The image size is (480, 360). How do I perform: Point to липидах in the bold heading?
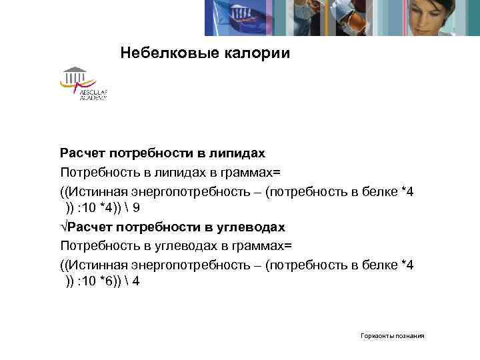pyautogui.click(x=237, y=154)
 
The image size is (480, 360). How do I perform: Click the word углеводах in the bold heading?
pyautogui.click(x=249, y=227)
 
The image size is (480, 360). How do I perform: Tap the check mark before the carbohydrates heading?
pyautogui.click(x=63, y=227)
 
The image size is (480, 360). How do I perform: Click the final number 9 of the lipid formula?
pyautogui.click(x=135, y=208)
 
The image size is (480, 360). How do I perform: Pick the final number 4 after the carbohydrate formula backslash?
pyautogui.click(x=136, y=281)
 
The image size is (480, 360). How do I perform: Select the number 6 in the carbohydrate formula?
pyautogui.click(x=107, y=281)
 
